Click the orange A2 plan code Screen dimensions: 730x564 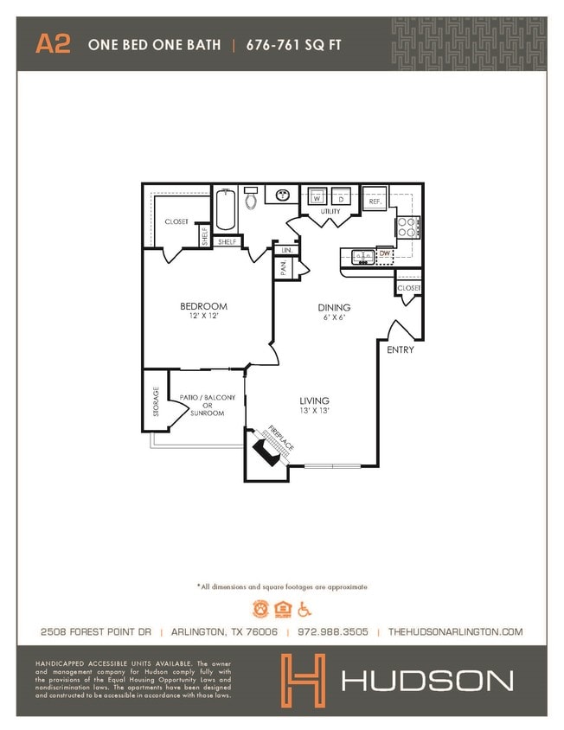point(53,45)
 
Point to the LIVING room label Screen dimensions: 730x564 point(314,401)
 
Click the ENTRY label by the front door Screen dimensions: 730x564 point(400,350)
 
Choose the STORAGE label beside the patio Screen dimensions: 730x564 point(156,402)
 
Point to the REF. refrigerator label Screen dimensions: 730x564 point(375,201)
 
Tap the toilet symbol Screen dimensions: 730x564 point(251,199)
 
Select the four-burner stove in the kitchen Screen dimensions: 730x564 point(407,227)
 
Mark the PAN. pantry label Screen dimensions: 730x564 point(283,269)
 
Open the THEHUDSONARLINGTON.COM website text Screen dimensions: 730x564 point(455,632)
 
